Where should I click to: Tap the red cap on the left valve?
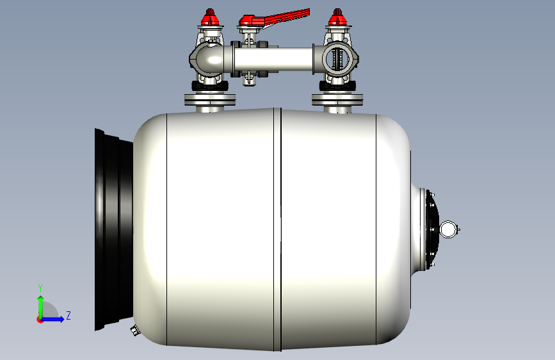210,18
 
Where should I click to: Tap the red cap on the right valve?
337,18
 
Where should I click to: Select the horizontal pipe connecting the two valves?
273,60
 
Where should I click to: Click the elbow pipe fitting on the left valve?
209,58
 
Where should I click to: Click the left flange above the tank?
210,99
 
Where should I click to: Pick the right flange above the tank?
337,99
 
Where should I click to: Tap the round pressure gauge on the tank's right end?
449,229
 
